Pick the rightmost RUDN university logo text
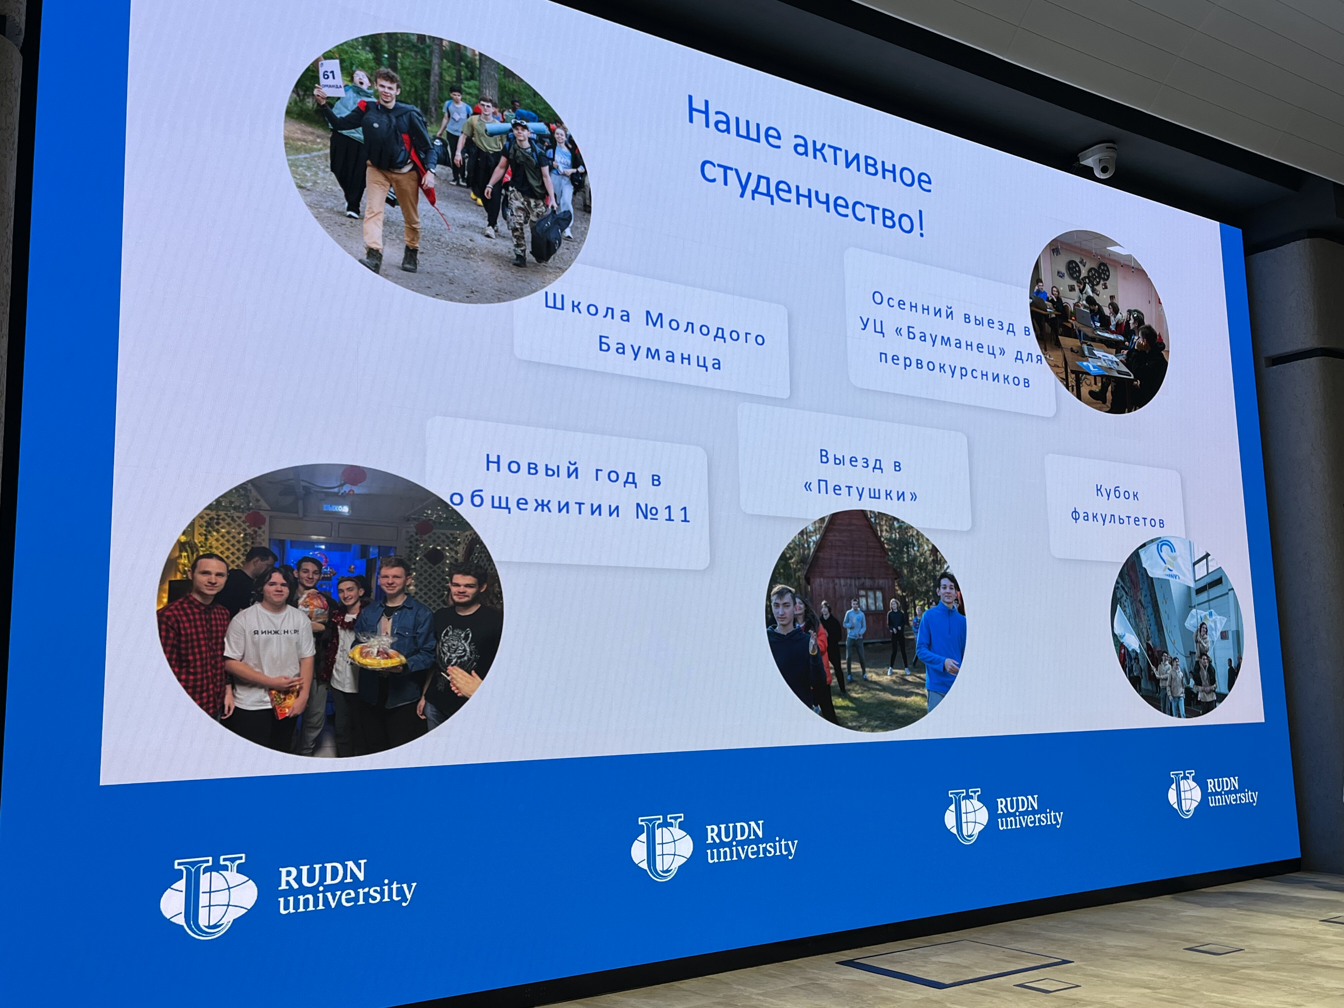click(1232, 792)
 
